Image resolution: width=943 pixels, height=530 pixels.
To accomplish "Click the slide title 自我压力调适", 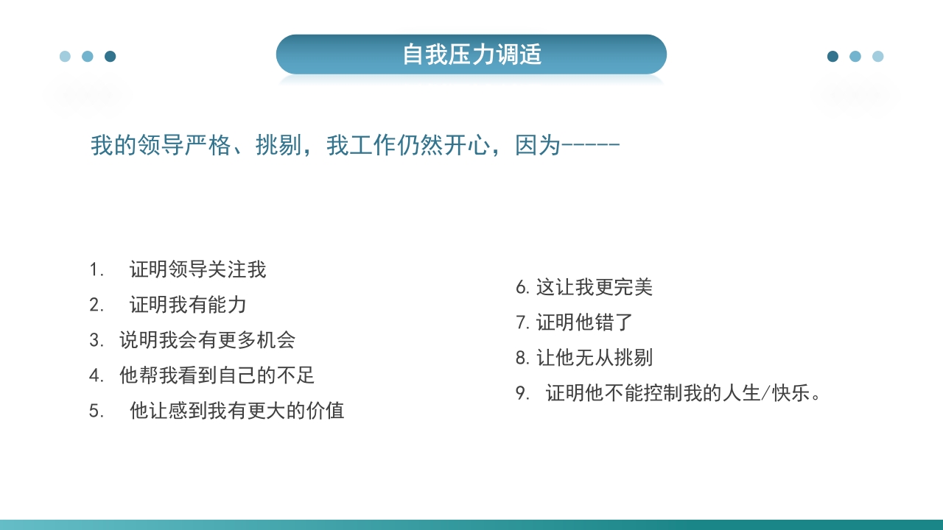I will click(471, 54).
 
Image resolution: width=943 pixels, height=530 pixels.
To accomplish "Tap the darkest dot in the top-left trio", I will click(111, 57).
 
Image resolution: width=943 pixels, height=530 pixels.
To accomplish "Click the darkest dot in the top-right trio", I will click(832, 57).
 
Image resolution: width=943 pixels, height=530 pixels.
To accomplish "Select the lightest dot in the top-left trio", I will click(65, 57).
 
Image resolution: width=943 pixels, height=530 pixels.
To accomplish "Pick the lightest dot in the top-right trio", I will click(877, 57).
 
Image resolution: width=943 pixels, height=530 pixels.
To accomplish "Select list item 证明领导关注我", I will click(197, 269).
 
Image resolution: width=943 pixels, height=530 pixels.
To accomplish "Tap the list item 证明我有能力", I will click(188, 305).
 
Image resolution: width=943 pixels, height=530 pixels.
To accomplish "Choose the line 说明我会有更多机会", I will click(207, 340).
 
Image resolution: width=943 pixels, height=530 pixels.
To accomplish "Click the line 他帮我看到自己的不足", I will click(217, 375).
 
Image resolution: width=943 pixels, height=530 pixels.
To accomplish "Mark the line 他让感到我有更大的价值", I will click(236, 411).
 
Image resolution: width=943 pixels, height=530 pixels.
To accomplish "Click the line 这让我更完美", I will click(594, 287).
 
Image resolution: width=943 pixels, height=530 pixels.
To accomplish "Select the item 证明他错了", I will click(584, 322).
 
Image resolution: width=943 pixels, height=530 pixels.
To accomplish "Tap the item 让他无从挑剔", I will click(594, 358).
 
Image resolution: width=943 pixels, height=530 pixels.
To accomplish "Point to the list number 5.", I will click(96, 411).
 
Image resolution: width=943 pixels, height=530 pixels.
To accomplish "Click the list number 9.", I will click(522, 393).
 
